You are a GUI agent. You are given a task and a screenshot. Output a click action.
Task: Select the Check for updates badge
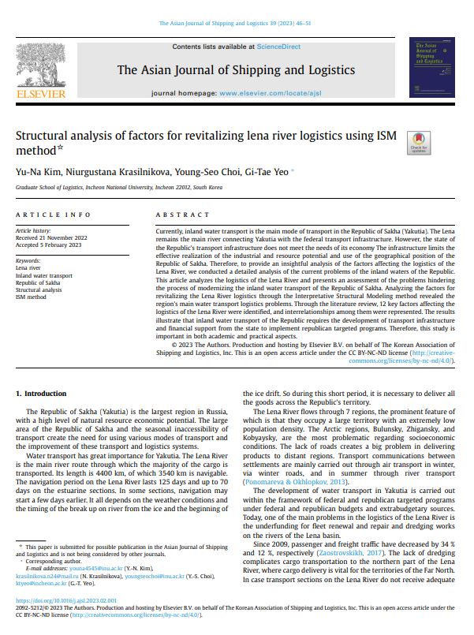[x=418, y=143]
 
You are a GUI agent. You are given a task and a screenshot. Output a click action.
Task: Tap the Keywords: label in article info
[x=28, y=261]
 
